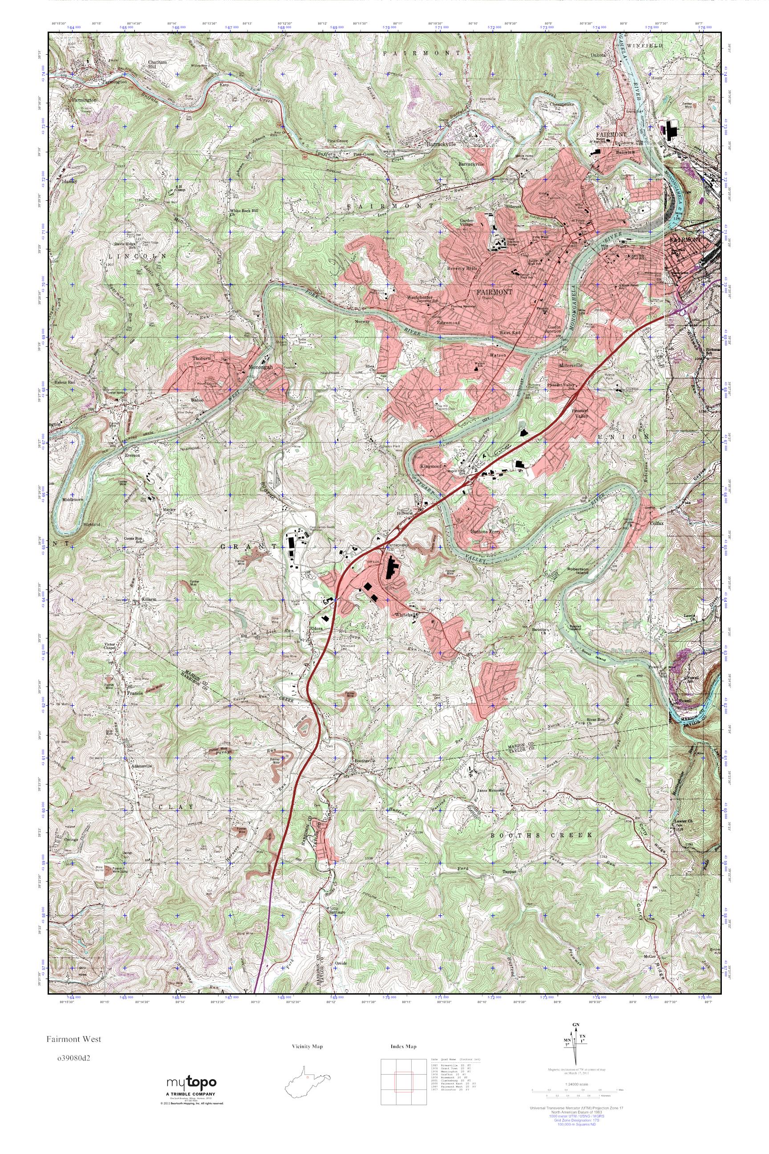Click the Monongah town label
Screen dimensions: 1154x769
click(x=260, y=366)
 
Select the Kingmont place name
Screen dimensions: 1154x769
click(x=431, y=466)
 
